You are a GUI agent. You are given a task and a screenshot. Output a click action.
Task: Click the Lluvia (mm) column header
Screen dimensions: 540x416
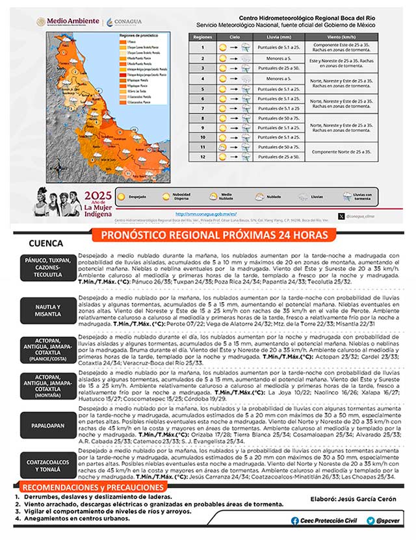coord(281,38)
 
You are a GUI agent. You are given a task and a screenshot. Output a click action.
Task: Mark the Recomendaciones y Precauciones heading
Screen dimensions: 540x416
coord(92,487)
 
